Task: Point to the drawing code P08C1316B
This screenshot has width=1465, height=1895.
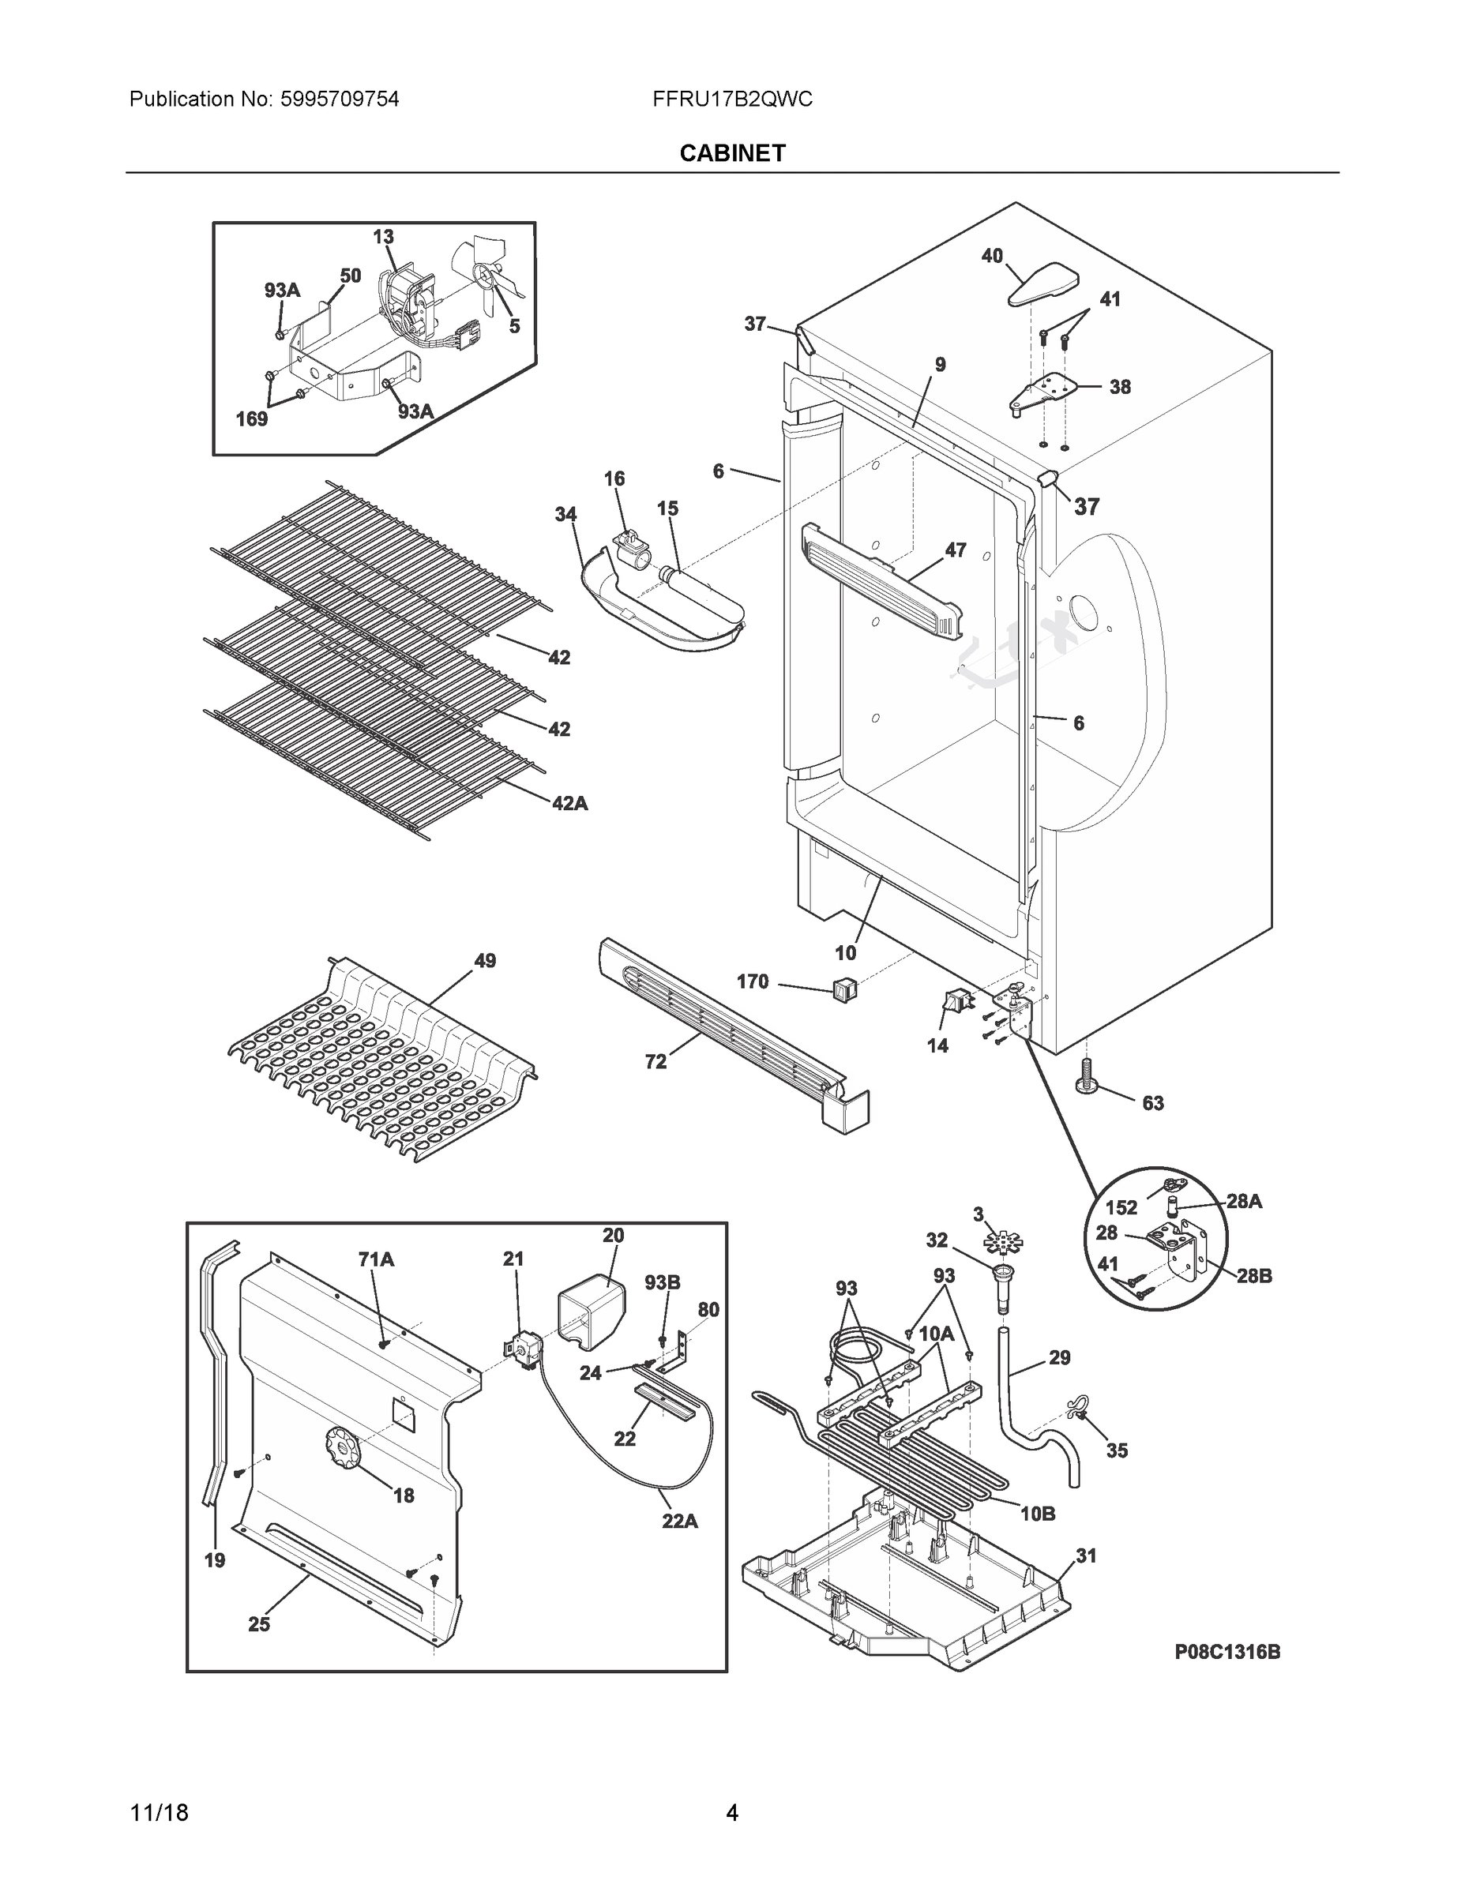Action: pos(1227,1652)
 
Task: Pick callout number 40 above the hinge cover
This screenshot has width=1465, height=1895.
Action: pos(992,255)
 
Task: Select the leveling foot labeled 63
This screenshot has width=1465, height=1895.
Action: pos(1085,1079)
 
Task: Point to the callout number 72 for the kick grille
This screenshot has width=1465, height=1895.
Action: pos(655,1061)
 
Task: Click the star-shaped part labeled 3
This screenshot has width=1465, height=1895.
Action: pos(1003,1243)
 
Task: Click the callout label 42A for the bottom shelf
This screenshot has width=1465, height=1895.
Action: pos(569,804)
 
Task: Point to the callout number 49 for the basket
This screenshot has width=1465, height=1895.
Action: pos(484,960)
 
